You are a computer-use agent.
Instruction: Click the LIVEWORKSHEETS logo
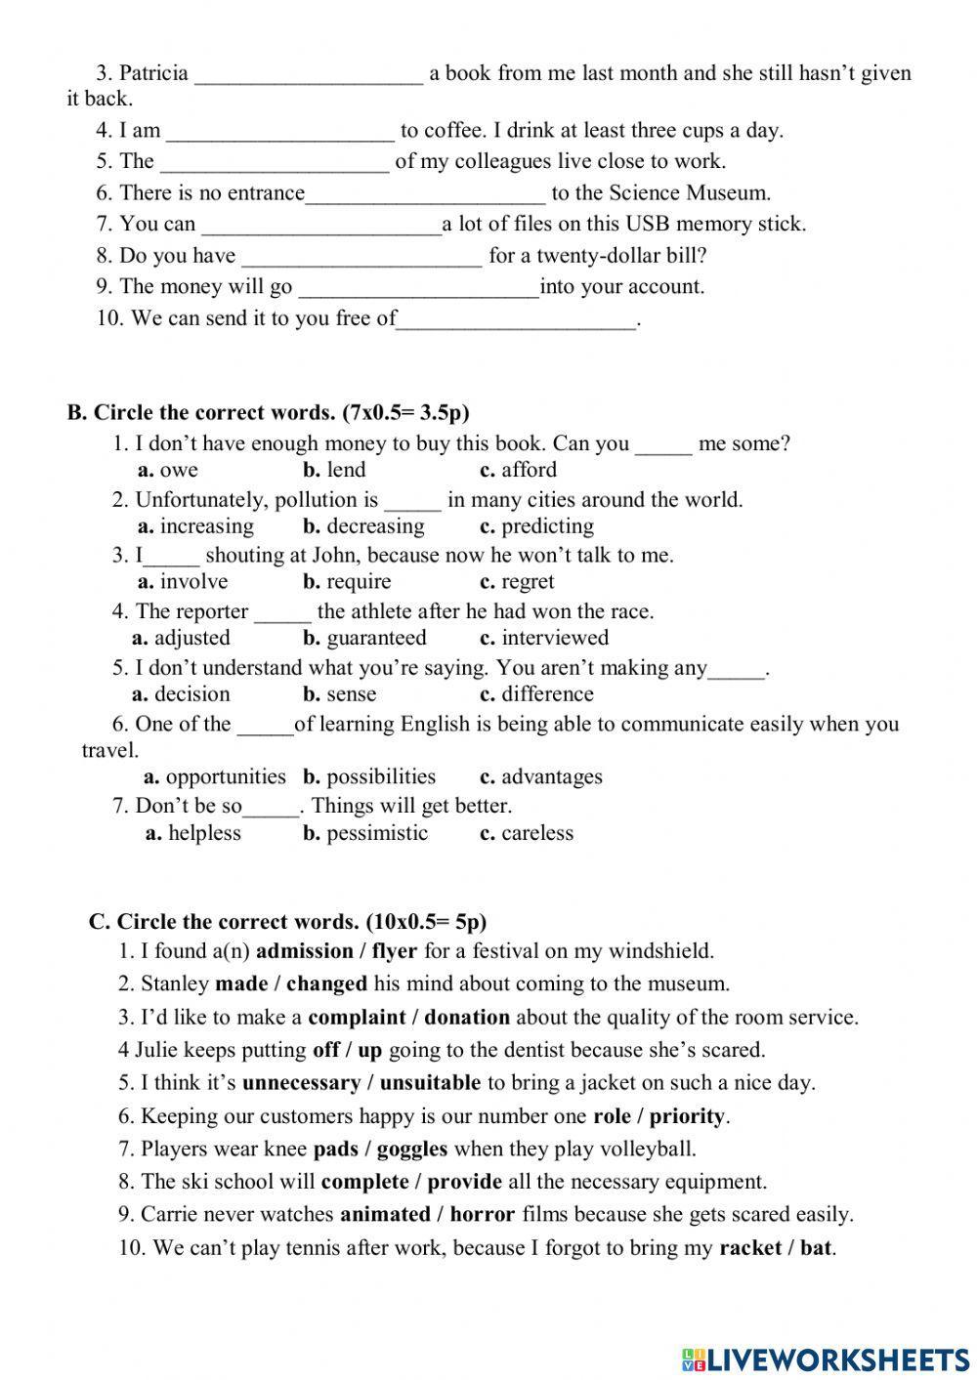point(826,1359)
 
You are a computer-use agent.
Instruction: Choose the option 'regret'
point(528,582)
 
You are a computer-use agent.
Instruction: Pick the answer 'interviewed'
point(554,639)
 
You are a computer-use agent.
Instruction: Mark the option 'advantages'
point(551,777)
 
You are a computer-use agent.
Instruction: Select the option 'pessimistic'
point(377,833)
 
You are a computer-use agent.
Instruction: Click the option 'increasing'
point(206,526)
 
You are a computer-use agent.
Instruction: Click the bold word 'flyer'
point(394,951)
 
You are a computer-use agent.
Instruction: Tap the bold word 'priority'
point(687,1116)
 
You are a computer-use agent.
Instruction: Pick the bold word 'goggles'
point(411,1150)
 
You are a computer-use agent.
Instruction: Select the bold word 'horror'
point(482,1215)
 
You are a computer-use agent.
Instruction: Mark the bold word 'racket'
point(749,1248)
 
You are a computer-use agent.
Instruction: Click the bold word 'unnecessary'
point(301,1083)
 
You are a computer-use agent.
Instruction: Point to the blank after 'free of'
point(517,320)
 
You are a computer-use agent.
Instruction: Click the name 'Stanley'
point(175,984)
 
